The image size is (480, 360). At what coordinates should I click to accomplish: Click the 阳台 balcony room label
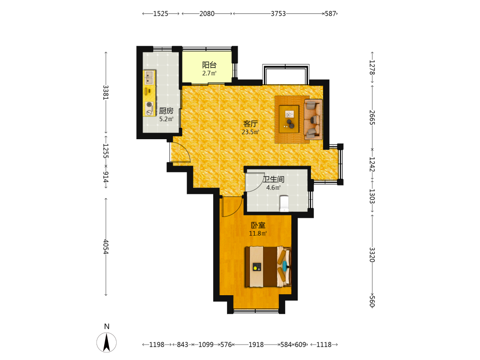pyautogui.click(x=209, y=65)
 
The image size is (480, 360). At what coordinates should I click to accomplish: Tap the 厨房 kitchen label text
pyautogui.click(x=166, y=111)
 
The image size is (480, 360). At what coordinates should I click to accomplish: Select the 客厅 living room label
pyautogui.click(x=251, y=124)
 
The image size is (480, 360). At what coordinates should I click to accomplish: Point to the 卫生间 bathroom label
pyautogui.click(x=274, y=180)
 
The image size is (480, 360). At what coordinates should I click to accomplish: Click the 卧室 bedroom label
pyautogui.click(x=258, y=225)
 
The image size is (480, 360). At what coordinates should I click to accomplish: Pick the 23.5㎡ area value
pyautogui.click(x=251, y=132)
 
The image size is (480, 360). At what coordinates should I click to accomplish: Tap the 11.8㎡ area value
pyautogui.click(x=258, y=234)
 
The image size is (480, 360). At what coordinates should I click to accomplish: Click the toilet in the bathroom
pyautogui.click(x=284, y=204)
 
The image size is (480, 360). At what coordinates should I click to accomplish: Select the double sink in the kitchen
pyautogui.click(x=149, y=78)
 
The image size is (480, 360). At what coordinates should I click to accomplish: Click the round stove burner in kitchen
pyautogui.click(x=149, y=104)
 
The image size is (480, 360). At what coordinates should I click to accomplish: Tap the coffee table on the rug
pyautogui.click(x=289, y=119)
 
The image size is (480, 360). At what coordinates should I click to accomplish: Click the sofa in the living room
pyautogui.click(x=313, y=119)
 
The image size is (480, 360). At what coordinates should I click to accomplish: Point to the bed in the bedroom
pyautogui.click(x=268, y=266)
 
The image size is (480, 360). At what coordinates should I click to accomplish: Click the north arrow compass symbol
pyautogui.click(x=107, y=342)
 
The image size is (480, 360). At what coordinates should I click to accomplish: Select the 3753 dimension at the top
pyautogui.click(x=278, y=14)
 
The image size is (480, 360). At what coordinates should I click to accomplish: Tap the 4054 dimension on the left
pyautogui.click(x=106, y=247)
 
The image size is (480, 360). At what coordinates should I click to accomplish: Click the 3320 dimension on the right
pyautogui.click(x=372, y=255)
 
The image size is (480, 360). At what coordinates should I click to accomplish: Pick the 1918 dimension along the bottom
pyautogui.click(x=256, y=345)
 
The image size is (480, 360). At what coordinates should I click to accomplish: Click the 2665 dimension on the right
pyautogui.click(x=372, y=118)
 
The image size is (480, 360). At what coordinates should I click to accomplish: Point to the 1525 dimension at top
pyautogui.click(x=161, y=14)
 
